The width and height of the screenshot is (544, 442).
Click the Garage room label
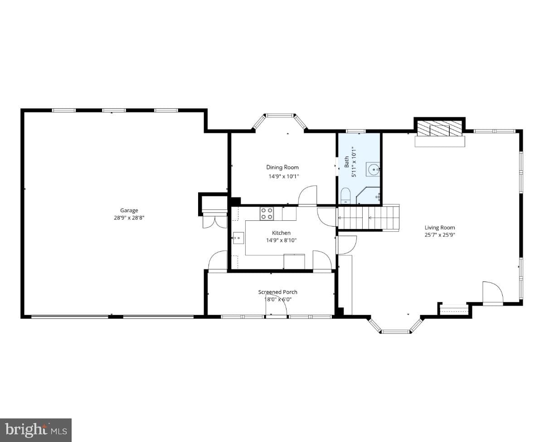coord(129,210)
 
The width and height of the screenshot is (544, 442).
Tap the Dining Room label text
coord(282,167)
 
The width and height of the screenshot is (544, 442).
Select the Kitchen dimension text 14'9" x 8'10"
coord(281,240)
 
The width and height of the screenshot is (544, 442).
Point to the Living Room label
coord(440,228)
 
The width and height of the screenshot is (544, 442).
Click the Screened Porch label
coord(277,292)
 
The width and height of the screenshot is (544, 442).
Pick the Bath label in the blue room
coord(347,162)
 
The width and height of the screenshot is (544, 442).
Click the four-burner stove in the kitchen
coord(267,214)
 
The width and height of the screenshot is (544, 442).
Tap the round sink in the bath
coord(373,169)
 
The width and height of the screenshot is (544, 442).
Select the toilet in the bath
coord(346,196)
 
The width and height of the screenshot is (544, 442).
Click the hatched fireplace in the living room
coord(439,128)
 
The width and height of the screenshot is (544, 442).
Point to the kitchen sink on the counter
coord(238,238)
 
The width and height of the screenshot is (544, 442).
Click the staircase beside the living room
coord(368,218)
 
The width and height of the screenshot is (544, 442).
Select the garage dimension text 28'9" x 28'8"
coord(129,218)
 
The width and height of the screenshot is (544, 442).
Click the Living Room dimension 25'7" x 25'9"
coord(440,235)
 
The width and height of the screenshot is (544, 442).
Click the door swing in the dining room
coord(308,195)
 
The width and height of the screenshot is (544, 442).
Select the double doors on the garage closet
coord(215,222)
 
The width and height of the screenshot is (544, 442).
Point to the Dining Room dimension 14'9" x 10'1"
coord(283,176)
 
